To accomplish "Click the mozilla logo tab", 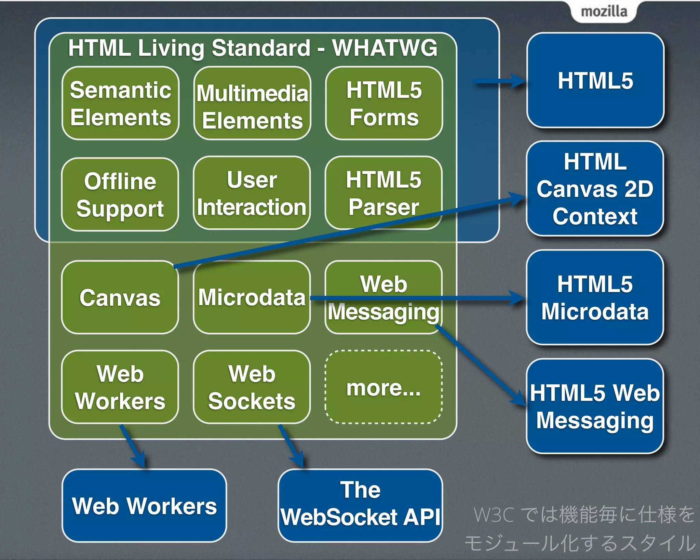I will tap(604, 12).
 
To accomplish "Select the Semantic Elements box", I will tap(120, 103).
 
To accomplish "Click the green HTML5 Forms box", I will tap(384, 103).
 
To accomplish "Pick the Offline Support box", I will tap(120, 194).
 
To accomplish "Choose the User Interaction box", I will tap(252, 193).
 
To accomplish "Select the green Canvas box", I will tap(120, 297).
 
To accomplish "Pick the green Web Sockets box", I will tap(252, 387).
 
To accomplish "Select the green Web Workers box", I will tap(120, 387).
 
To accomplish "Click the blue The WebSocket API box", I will tap(360, 505).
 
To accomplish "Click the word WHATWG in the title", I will tap(385, 48).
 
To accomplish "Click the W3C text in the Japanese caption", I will tap(493, 515).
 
